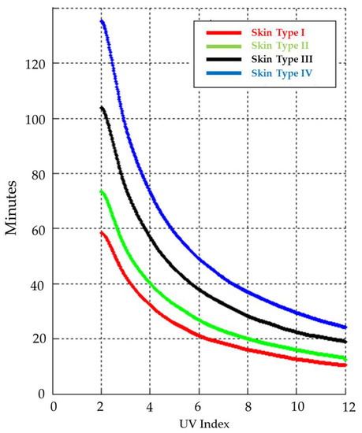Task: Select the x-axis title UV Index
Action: (x=200, y=424)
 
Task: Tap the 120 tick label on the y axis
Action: (x=35, y=64)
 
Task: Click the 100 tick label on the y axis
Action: (x=35, y=119)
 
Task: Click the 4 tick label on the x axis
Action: (x=151, y=407)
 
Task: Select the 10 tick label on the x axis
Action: (x=297, y=407)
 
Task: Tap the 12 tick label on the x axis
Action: (x=345, y=407)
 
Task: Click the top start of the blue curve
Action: (x=102, y=20)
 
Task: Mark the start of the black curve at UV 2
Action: (x=102, y=107)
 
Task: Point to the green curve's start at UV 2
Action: (x=102, y=191)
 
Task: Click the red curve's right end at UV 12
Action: (x=345, y=365)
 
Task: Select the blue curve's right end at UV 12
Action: (x=345, y=327)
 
